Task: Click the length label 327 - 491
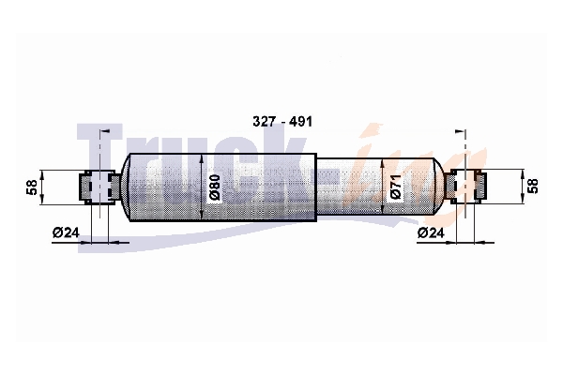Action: click(282, 122)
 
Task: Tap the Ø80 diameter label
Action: click(214, 187)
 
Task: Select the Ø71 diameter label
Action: click(395, 187)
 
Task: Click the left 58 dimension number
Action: click(32, 187)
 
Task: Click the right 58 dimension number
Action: click(534, 187)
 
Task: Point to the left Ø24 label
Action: click(66, 232)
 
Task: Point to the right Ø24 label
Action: click(431, 233)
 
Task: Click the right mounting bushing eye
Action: click(465, 187)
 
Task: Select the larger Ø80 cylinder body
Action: click(222, 187)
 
